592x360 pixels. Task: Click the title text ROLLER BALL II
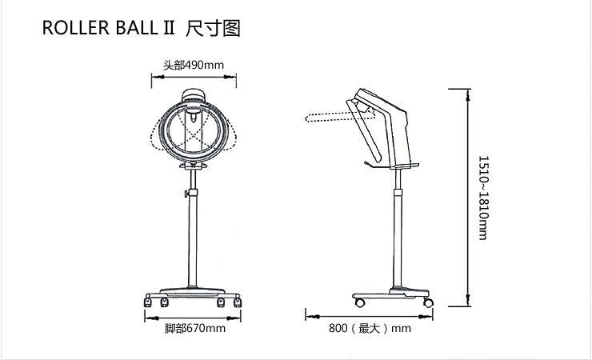pos(109,30)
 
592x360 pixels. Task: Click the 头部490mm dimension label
pos(193,65)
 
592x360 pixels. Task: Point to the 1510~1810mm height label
pos(482,198)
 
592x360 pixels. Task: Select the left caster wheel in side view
pos(359,302)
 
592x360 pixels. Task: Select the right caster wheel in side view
pos(427,302)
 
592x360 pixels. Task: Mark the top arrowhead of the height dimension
pos(468,90)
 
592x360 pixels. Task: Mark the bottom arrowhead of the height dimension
pos(468,303)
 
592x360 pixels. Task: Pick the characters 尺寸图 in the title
pos(212,30)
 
